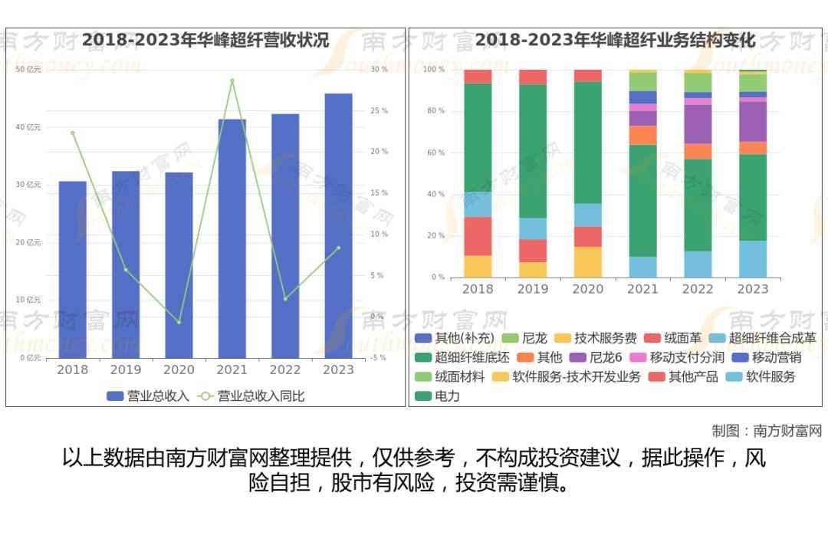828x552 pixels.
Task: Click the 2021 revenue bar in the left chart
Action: pyautogui.click(x=232, y=238)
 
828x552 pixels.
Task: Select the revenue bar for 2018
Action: pyautogui.click(x=72, y=268)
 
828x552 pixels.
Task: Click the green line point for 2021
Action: pyautogui.click(x=232, y=80)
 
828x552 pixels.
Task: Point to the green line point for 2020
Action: pyautogui.click(x=179, y=322)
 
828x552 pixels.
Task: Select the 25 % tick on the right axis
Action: pyautogui.click(x=379, y=111)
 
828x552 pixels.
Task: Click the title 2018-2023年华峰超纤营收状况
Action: pyautogui.click(x=205, y=40)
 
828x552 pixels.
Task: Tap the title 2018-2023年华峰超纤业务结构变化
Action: pyautogui.click(x=615, y=40)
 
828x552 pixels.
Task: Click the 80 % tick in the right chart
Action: pyautogui.click(x=435, y=111)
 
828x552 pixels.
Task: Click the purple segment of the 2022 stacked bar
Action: pyautogui.click(x=698, y=124)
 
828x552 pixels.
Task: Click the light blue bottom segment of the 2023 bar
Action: pyautogui.click(x=753, y=259)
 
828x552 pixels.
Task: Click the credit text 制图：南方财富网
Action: pyautogui.click(x=766, y=431)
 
